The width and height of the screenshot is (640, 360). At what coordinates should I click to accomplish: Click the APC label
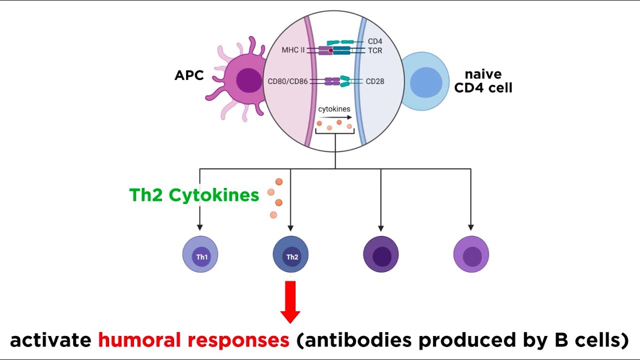[x=189, y=75]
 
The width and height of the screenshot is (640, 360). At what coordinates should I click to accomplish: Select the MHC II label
[x=292, y=50]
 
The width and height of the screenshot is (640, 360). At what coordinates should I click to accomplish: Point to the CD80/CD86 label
[x=288, y=81]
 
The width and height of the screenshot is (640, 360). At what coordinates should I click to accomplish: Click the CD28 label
[x=375, y=81]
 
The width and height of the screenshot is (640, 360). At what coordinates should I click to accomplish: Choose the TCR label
[x=375, y=50]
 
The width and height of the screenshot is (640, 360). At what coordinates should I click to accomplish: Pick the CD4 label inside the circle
[x=375, y=41]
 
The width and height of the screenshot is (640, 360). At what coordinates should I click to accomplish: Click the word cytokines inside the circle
[x=334, y=108]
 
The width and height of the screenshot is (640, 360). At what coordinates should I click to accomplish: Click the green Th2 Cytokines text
[x=194, y=195]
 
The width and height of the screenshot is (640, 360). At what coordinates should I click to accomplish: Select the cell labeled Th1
[x=200, y=254]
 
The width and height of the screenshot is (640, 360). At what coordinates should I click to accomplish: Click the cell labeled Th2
[x=290, y=254]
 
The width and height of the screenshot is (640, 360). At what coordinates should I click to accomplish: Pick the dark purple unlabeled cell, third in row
[x=381, y=254]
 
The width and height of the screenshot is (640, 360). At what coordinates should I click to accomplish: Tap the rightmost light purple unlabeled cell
[x=471, y=254]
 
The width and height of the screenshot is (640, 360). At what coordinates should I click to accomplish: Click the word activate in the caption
[x=50, y=340]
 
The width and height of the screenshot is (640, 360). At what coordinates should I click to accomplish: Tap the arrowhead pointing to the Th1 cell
[x=200, y=227]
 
